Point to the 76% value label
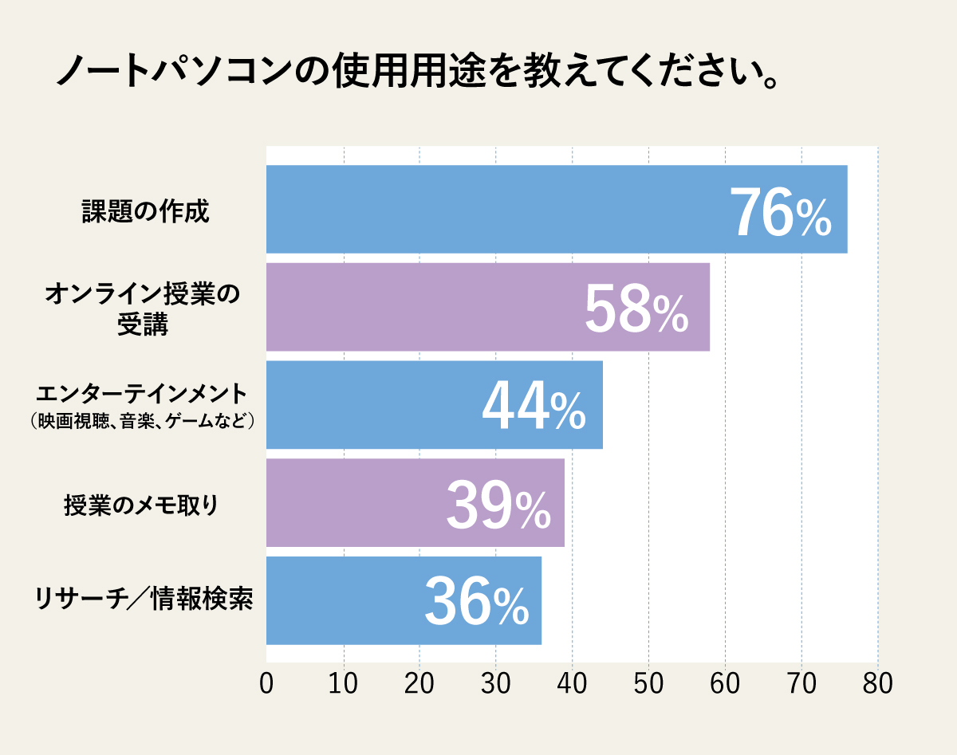coord(781,214)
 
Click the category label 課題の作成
coord(145,212)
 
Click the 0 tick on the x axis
coord(266,685)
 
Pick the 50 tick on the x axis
coord(648,685)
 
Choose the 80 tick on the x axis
coord(877,685)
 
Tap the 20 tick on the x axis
coord(419,685)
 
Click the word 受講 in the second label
coord(143,325)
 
